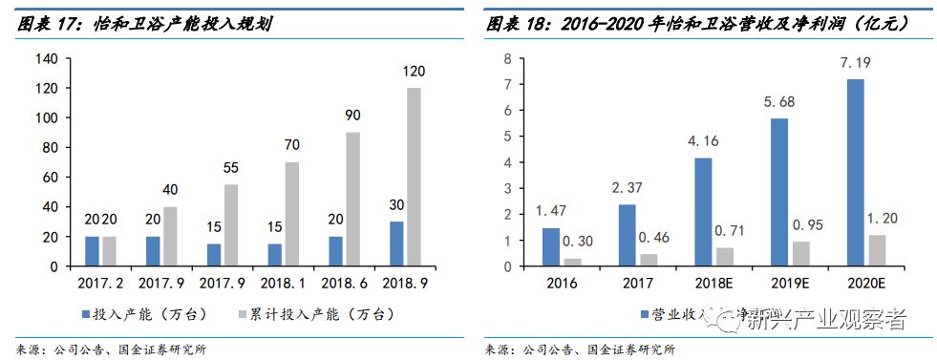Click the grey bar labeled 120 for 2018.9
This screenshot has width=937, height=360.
pos(414,177)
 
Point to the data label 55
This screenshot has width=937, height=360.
pos(230,168)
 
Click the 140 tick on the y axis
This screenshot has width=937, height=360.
pos(47,58)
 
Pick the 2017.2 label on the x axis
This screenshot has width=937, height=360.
pos(98,284)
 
